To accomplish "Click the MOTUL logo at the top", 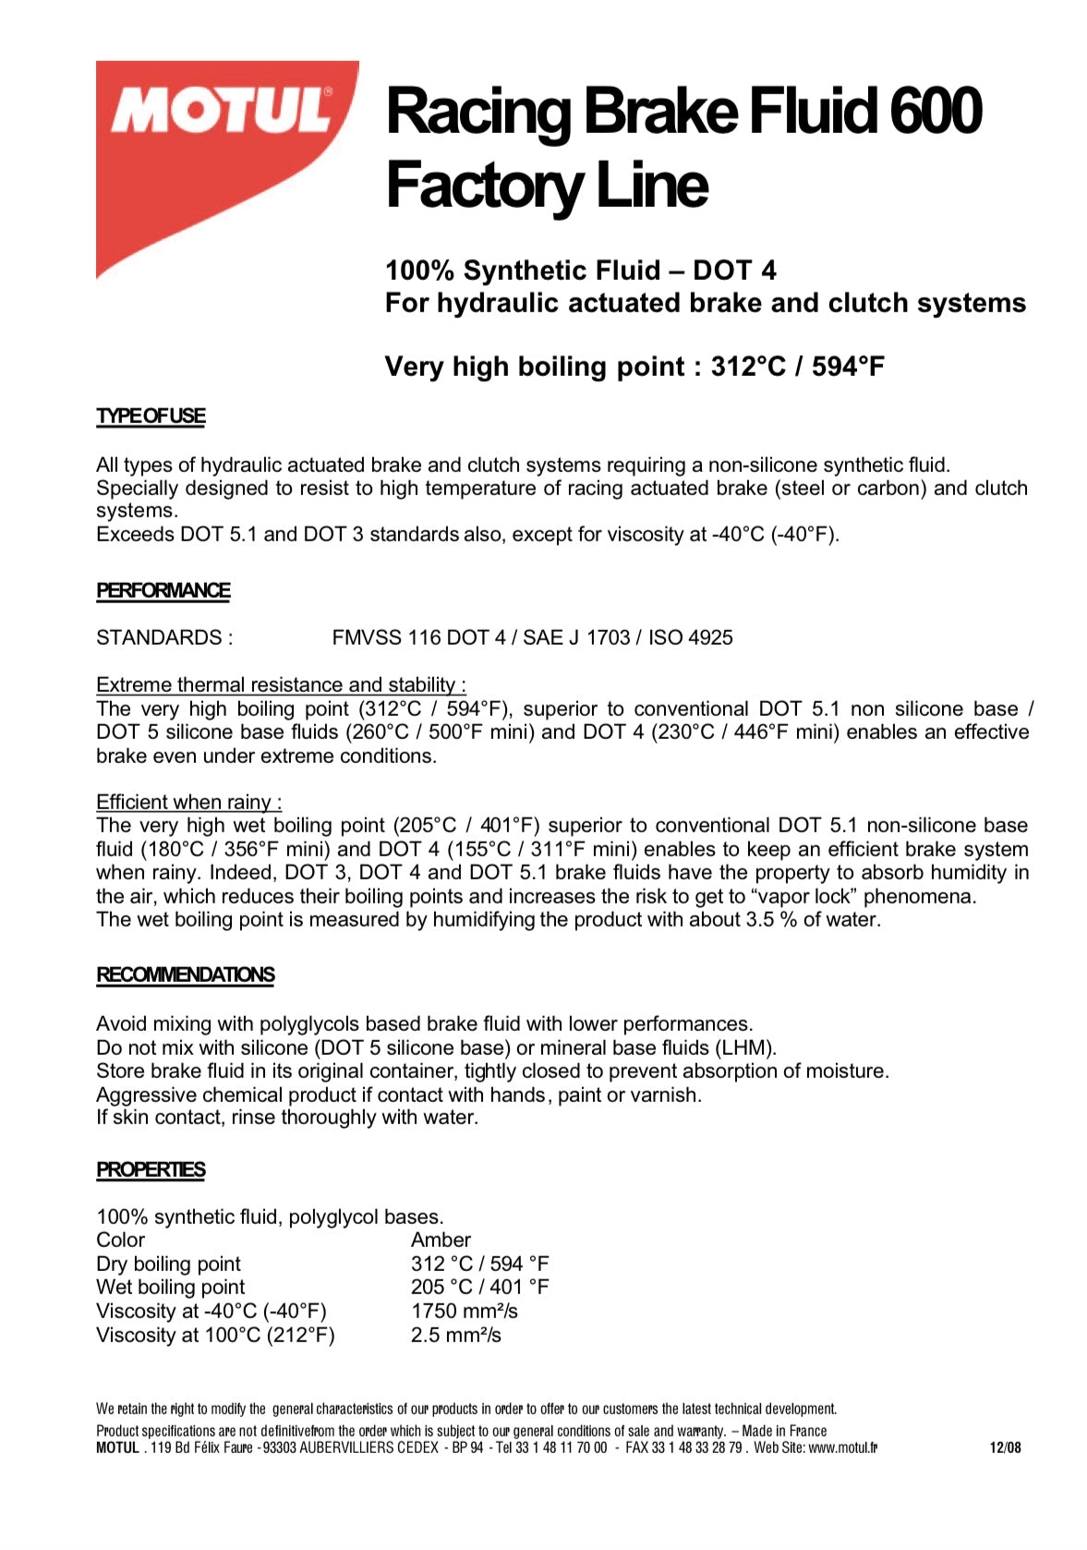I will coord(222,113).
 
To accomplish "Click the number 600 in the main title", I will coord(935,111).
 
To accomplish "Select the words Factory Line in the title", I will coord(547,185).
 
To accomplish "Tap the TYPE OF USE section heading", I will coord(151,417).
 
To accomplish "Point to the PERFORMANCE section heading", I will coord(163,591).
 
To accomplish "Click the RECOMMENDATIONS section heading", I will coord(185,975).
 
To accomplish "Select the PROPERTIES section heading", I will coord(151,1170).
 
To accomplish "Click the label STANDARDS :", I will coord(164,638).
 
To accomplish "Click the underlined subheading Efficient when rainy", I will coord(188,803).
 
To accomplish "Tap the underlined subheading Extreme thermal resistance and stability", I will coord(280,685).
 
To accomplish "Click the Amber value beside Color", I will coord(441,1241).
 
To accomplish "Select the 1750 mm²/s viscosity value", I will coord(464,1312).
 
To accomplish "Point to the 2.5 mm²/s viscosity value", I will coord(455,1336).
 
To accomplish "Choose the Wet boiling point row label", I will coord(171,1288).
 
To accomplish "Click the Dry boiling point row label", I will coord(168,1265).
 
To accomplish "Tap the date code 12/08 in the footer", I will coord(1005,1448).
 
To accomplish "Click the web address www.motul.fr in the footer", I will coord(842,1448).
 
